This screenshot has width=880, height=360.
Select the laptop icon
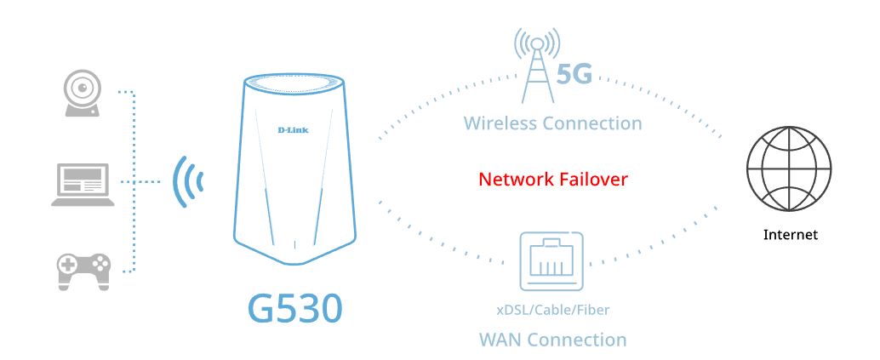coord(82,184)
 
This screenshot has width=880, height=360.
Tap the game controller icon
coord(83,268)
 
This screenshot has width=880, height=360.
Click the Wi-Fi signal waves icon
coord(188,181)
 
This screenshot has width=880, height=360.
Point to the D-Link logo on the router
coord(293,130)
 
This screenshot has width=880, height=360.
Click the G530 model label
coord(294,308)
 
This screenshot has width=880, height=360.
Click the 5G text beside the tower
coord(574,76)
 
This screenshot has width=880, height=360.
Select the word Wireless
coord(500,123)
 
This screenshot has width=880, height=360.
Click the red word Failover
coord(591,180)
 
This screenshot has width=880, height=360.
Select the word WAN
coord(499,340)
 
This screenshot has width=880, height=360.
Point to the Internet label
coord(790,234)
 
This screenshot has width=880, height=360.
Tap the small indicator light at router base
coord(294,248)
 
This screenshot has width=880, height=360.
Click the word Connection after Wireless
coord(593,123)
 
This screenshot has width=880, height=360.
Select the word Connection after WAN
coord(577,340)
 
